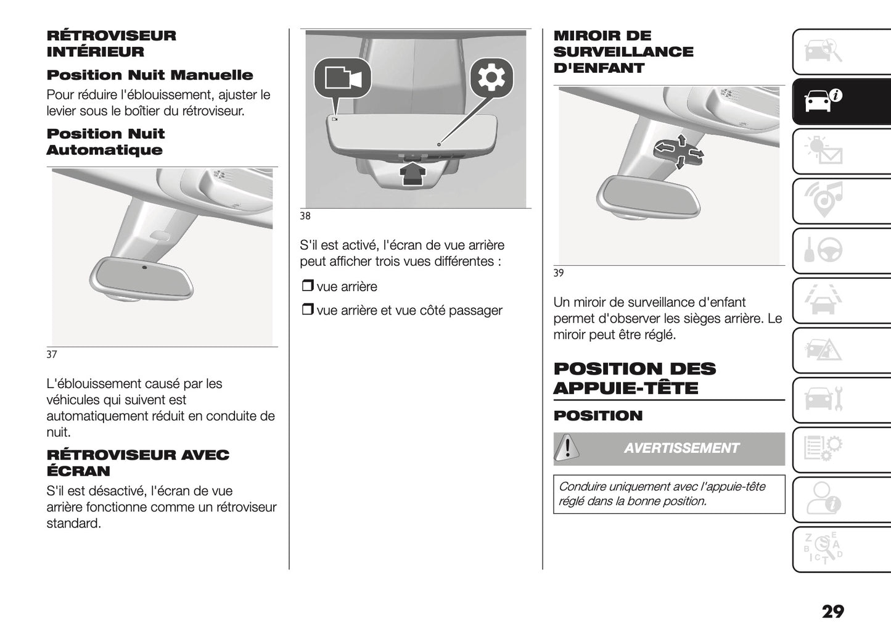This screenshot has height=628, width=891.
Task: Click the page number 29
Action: (832, 611)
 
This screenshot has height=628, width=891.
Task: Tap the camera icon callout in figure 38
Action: (342, 78)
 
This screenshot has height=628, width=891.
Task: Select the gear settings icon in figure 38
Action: (491, 78)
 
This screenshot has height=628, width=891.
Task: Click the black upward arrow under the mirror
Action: (413, 173)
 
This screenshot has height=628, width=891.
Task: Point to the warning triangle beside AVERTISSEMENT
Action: (567, 448)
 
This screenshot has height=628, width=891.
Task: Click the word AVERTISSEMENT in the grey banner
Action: (681, 448)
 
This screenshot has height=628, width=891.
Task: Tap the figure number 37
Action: (52, 354)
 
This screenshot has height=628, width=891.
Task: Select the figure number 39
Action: (558, 273)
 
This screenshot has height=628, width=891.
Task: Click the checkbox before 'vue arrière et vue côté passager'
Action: (307, 310)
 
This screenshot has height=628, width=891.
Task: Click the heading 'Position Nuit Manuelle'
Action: (150, 75)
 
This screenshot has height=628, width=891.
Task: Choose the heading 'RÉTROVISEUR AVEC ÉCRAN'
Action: (138, 463)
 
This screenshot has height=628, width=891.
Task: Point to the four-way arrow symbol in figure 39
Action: (678, 151)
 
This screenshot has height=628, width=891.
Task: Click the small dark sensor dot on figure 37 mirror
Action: (144, 267)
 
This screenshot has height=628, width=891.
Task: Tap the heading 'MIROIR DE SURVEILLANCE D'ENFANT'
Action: (623, 52)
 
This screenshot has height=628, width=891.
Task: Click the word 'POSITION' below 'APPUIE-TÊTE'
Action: (597, 416)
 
